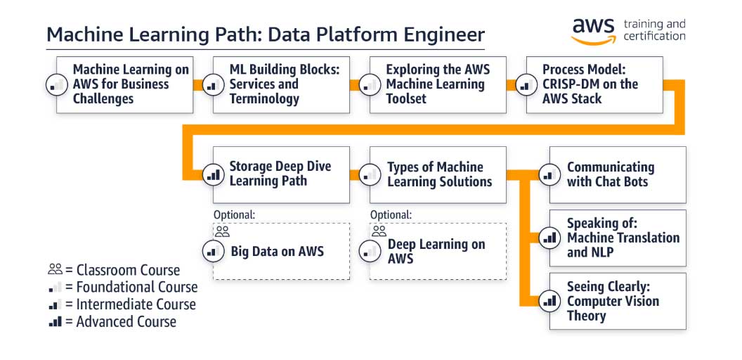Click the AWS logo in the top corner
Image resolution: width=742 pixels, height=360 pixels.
click(594, 30)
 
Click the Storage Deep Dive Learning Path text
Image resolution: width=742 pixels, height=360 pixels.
click(280, 174)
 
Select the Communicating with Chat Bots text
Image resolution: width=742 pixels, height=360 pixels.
click(610, 174)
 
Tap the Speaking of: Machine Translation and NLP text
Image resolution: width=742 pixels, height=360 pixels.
click(623, 238)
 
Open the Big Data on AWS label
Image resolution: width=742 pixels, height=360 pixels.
click(277, 251)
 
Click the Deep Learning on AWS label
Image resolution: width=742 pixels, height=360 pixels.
click(436, 251)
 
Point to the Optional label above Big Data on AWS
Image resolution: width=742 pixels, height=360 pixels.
click(234, 214)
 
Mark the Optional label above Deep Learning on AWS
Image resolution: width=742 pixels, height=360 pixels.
click(391, 214)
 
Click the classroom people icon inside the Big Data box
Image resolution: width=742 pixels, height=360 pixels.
click(222, 231)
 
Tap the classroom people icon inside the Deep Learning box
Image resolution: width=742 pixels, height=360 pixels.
click(379, 231)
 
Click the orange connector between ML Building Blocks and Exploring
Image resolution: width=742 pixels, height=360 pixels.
click(359, 86)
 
